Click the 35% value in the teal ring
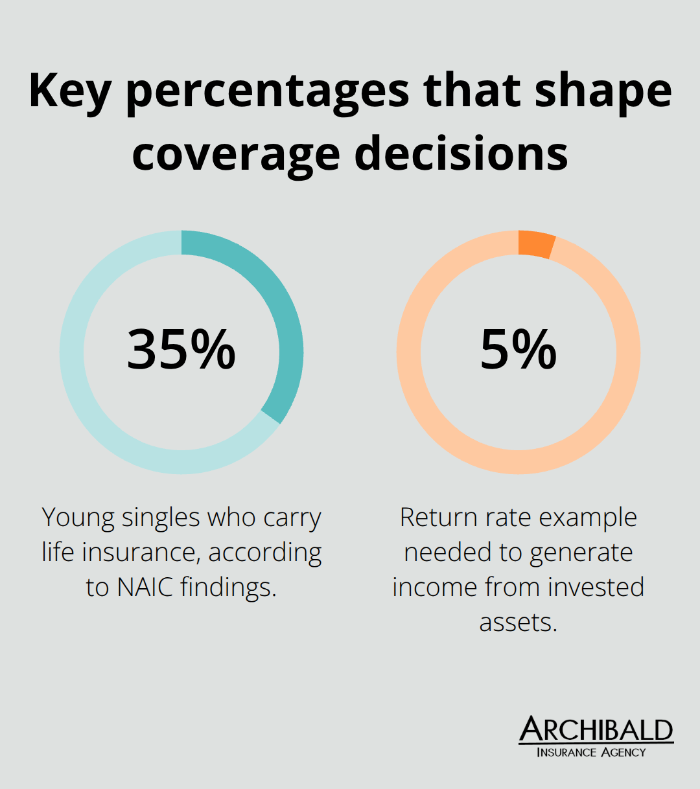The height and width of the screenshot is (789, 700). [181, 350]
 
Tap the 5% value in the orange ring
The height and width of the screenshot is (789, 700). [518, 350]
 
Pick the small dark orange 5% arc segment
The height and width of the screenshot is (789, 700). [536, 244]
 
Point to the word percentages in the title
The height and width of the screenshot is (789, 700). [267, 92]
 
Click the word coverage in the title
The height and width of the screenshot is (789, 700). [236, 154]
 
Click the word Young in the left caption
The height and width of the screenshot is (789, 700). [78, 518]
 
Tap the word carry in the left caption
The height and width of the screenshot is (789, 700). [292, 518]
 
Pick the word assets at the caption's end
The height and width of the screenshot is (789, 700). [518, 622]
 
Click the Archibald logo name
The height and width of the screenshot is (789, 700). [596, 729]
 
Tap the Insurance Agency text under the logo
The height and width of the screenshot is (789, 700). [591, 752]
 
